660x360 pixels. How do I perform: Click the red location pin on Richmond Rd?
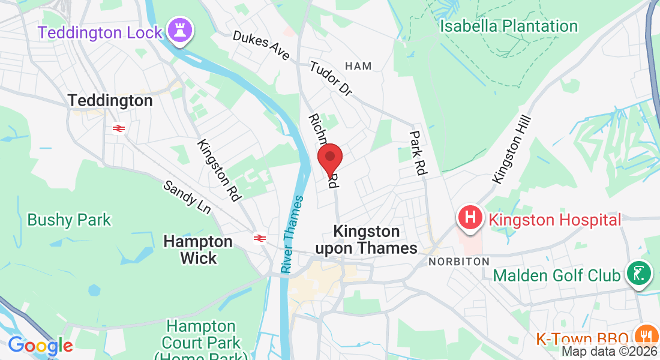click(329, 158)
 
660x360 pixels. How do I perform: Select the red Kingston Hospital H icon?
click(471, 217)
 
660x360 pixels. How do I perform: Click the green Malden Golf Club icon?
click(639, 273)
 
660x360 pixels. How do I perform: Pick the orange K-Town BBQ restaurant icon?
click(646, 337)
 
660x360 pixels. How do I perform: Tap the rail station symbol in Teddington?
click(118, 128)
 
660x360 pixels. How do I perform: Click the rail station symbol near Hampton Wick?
click(259, 238)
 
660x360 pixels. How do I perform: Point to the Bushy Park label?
click(69, 220)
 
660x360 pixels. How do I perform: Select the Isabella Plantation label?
click(508, 26)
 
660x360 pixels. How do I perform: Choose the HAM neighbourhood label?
click(359, 66)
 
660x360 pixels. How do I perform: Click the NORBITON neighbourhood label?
click(458, 262)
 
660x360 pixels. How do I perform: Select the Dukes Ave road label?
click(261, 46)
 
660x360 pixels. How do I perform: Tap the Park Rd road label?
click(418, 153)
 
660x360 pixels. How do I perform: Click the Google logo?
click(40, 346)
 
